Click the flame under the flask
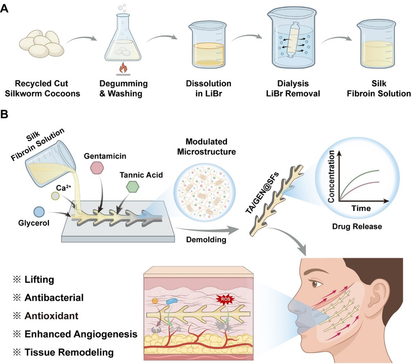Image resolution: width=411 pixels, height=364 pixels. [123, 68]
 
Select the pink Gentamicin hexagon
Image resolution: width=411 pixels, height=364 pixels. [97, 168]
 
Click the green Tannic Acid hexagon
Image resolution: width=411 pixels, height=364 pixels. [132, 187]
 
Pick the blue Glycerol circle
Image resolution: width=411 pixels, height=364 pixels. [39, 212]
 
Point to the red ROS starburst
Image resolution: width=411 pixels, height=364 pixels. [225, 299]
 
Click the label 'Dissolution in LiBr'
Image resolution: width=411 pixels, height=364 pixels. [209, 88]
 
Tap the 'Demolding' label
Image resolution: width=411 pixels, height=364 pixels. [206, 240]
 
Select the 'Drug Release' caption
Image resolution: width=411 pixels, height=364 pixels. [357, 226]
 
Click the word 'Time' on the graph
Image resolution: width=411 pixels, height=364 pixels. [361, 208]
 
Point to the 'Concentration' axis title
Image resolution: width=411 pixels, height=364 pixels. [331, 176]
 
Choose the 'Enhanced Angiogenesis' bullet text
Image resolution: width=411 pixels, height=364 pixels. [81, 334]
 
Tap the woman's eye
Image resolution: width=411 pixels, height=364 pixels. [315, 283]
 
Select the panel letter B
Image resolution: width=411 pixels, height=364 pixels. [4, 115]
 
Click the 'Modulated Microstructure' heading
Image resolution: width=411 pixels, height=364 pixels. [206, 147]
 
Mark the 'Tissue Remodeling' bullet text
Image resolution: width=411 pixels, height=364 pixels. [69, 352]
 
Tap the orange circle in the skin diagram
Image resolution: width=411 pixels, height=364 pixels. [155, 301]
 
